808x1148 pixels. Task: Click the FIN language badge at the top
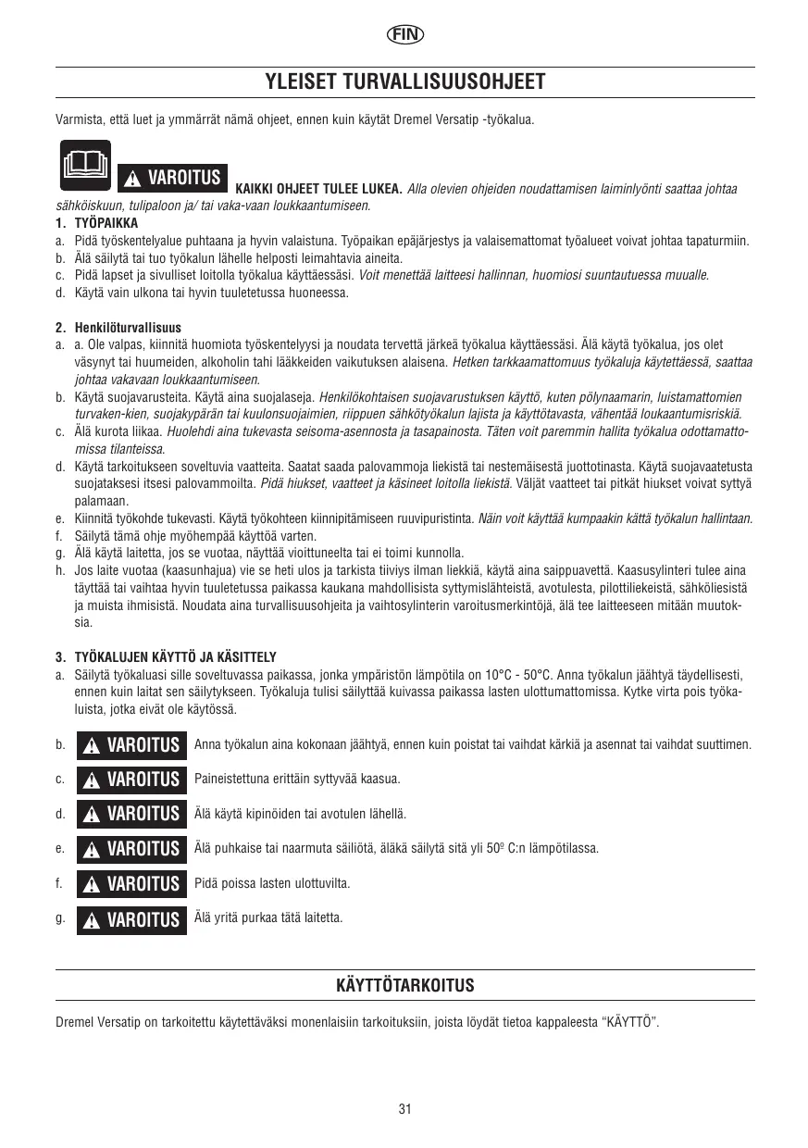click(x=404, y=35)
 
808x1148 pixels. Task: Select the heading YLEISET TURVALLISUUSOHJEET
click(x=404, y=81)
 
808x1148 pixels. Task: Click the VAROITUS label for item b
click(x=131, y=745)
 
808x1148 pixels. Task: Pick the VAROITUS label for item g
click(x=131, y=920)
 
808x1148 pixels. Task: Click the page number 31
click(x=404, y=1109)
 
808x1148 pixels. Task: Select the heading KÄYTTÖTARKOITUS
click(x=404, y=985)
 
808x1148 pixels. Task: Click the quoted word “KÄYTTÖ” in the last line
click(x=630, y=1023)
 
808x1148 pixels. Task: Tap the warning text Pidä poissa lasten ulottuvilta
click(x=272, y=883)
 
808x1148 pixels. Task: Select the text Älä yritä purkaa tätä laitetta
click(x=268, y=917)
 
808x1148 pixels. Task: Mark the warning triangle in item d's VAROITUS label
click(x=92, y=816)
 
